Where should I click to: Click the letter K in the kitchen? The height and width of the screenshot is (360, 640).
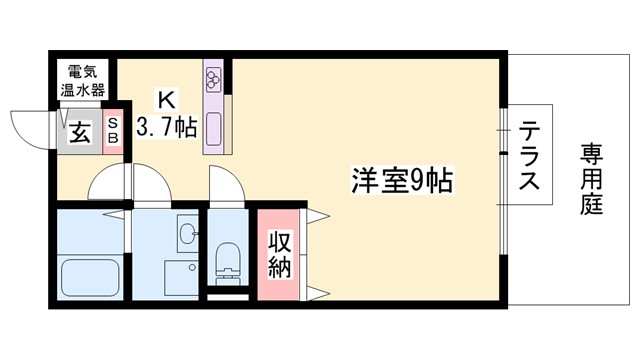coord(166,100)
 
